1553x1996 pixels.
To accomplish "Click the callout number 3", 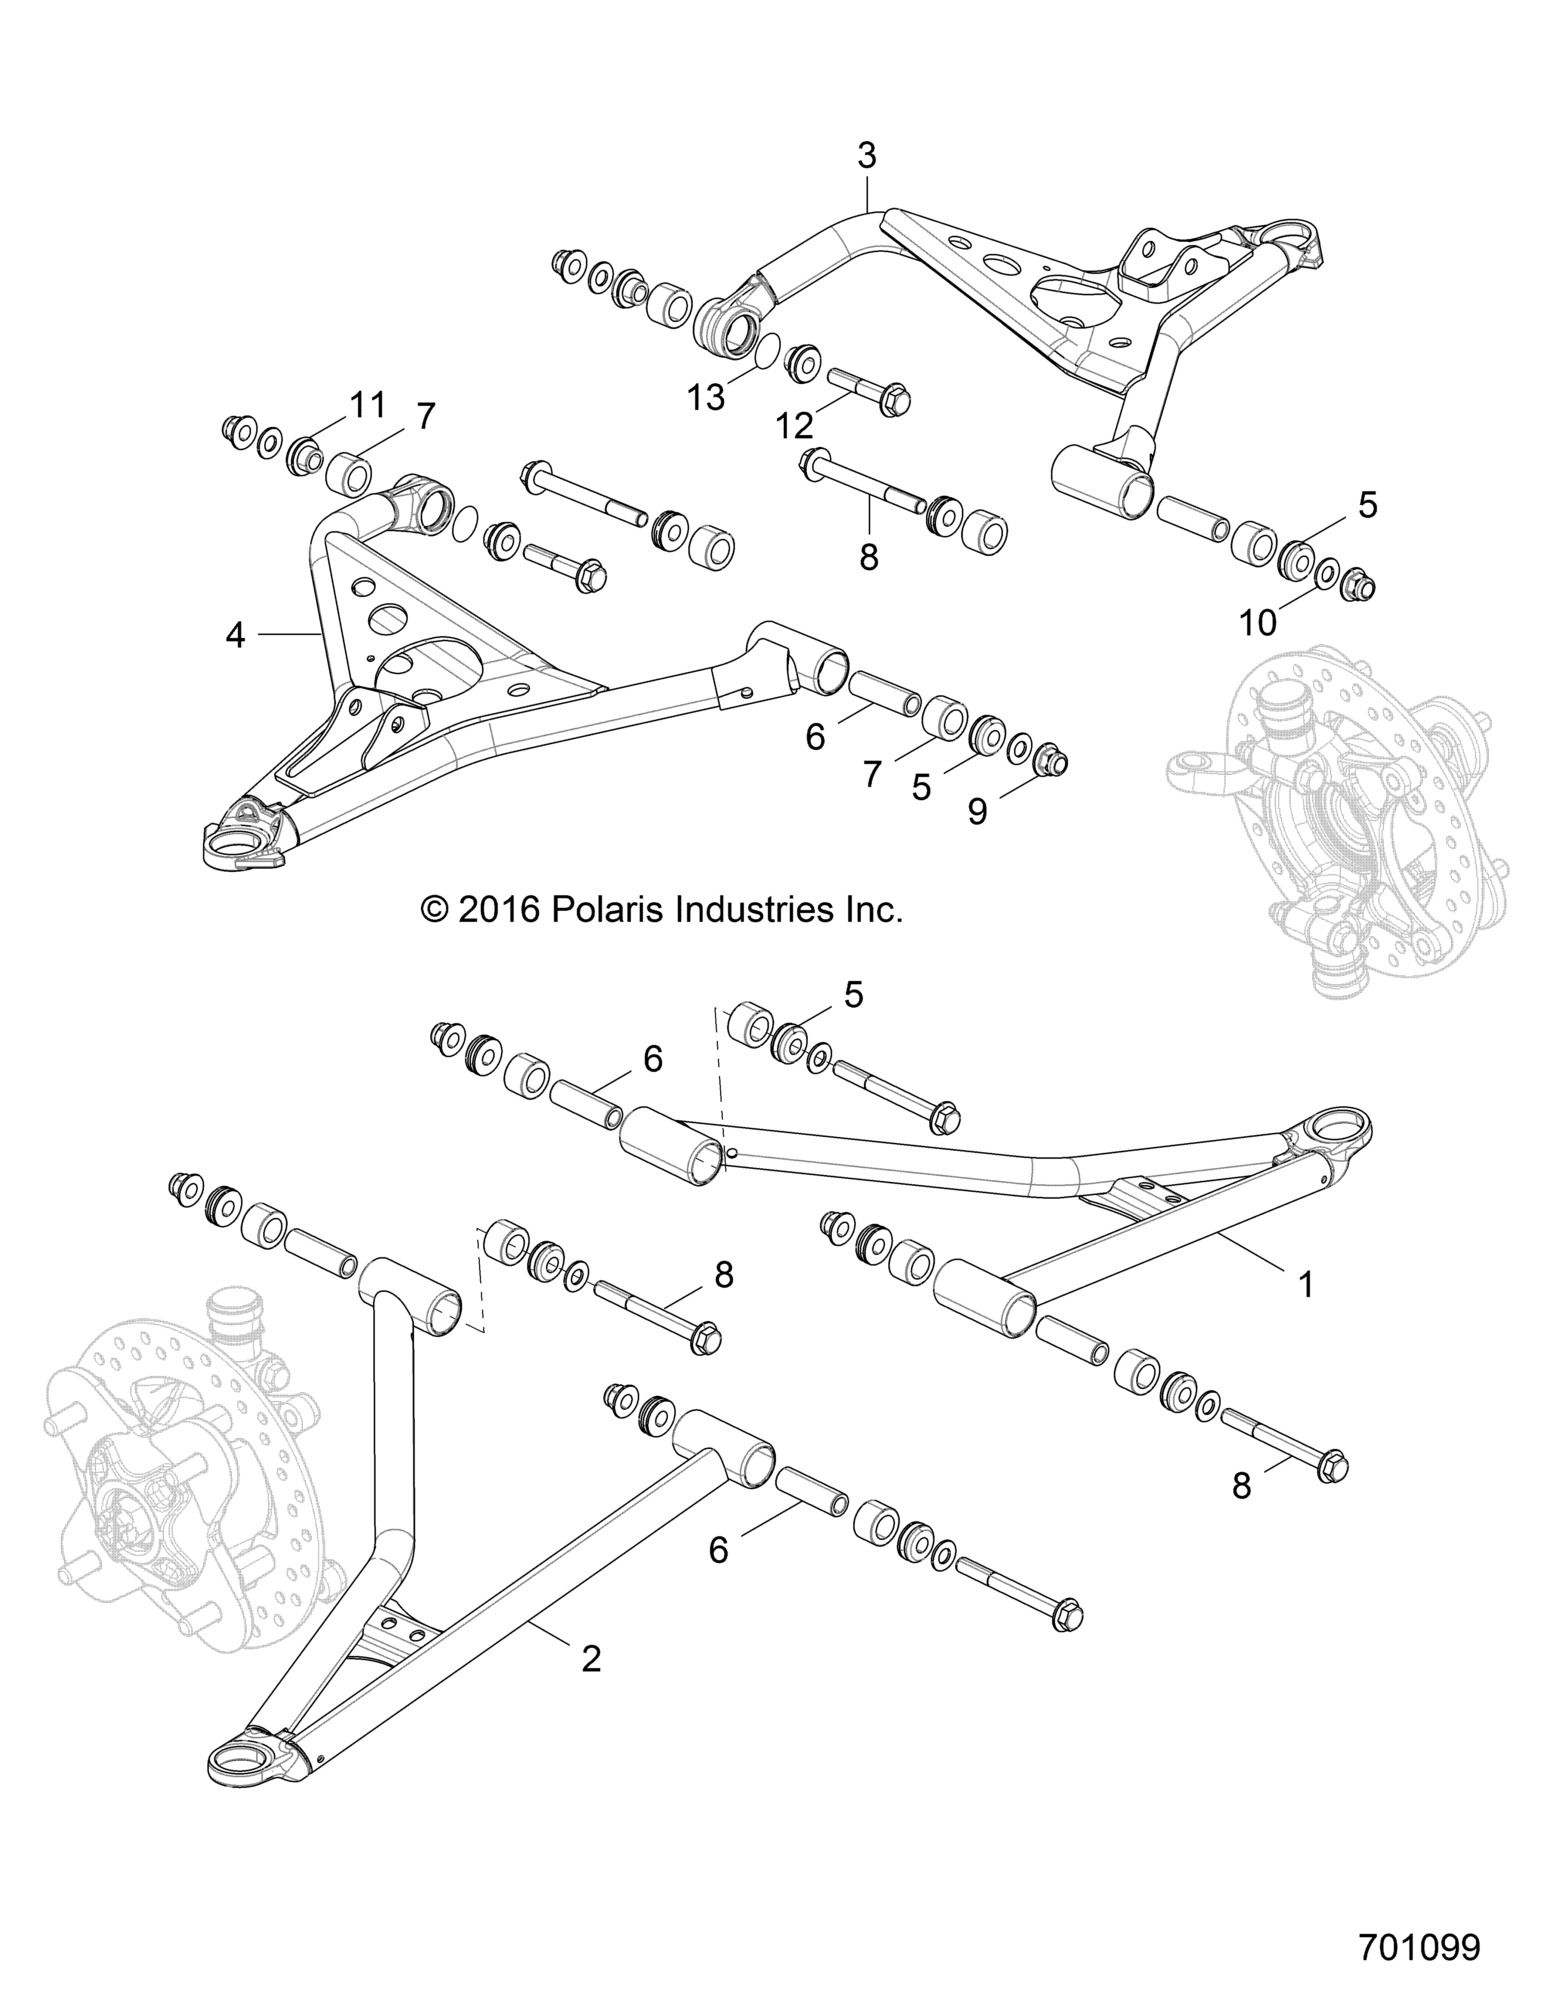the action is (x=867, y=157).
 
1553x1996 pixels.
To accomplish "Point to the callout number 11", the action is (x=367, y=405).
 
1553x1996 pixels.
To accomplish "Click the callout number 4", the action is (x=236, y=635).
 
